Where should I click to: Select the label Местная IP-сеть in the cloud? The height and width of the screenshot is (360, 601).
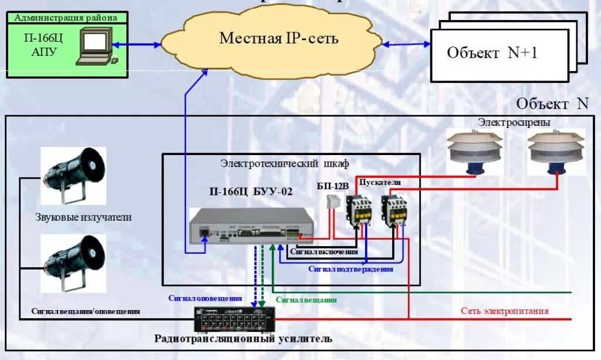[279, 39]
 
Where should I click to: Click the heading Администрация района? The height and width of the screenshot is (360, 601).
[66, 18]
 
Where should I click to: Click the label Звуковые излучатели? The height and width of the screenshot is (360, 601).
[83, 217]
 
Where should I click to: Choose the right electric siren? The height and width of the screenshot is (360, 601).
[556, 152]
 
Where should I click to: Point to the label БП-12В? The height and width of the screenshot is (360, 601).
[333, 186]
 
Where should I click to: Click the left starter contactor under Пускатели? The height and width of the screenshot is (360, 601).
[357, 210]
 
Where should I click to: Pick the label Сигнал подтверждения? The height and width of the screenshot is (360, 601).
[350, 269]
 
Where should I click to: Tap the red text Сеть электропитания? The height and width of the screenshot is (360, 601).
[504, 311]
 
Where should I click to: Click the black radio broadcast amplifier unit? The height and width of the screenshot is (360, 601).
[234, 321]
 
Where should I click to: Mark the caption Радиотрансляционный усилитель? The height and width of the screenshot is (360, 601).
[243, 339]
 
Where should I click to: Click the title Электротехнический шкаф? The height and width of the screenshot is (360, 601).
[284, 163]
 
